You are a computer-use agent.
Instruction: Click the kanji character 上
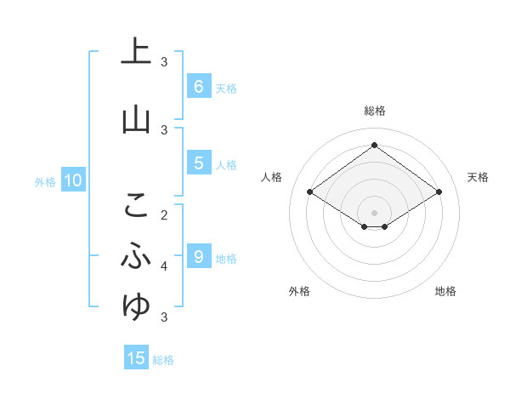(136, 51)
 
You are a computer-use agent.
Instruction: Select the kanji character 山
(136, 120)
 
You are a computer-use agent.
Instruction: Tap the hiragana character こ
(136, 204)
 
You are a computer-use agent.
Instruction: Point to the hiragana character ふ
(136, 254)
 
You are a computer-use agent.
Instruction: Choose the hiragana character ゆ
(136, 305)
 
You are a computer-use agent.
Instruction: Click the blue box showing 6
(198, 86)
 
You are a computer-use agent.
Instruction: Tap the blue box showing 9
(198, 256)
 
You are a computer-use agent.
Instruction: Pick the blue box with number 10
(72, 180)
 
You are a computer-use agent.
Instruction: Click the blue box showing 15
(136, 358)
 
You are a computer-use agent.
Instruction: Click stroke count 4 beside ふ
(165, 266)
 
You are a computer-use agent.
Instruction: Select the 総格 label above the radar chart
(374, 111)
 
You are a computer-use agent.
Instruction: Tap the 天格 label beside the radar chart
(478, 177)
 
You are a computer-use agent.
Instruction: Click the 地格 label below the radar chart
(445, 291)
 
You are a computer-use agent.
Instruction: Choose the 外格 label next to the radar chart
(299, 291)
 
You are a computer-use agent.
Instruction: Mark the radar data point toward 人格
(310, 192)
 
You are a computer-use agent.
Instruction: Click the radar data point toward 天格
(439, 192)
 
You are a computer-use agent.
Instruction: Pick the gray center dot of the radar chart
(374, 212)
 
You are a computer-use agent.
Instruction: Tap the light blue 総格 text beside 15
(163, 360)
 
